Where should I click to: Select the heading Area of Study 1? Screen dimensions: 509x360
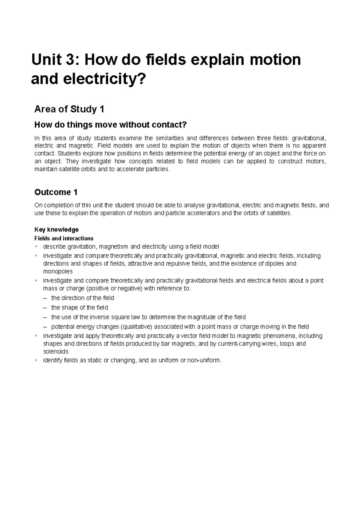click(x=69, y=109)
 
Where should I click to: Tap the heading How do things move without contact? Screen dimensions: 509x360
click(x=110, y=124)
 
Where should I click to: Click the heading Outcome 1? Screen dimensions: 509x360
click(x=56, y=192)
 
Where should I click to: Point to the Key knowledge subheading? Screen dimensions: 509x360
click(x=56, y=230)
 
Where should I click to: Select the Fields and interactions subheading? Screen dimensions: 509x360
click(x=64, y=239)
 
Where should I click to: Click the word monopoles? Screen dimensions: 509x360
click(x=58, y=272)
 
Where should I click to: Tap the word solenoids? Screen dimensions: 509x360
click(x=56, y=351)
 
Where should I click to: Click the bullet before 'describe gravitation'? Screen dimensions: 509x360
click(x=36, y=247)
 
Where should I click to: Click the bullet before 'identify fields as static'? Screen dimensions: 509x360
click(x=36, y=360)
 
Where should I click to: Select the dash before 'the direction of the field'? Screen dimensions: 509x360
click(x=45, y=298)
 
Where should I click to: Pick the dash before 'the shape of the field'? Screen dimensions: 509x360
click(x=45, y=308)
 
